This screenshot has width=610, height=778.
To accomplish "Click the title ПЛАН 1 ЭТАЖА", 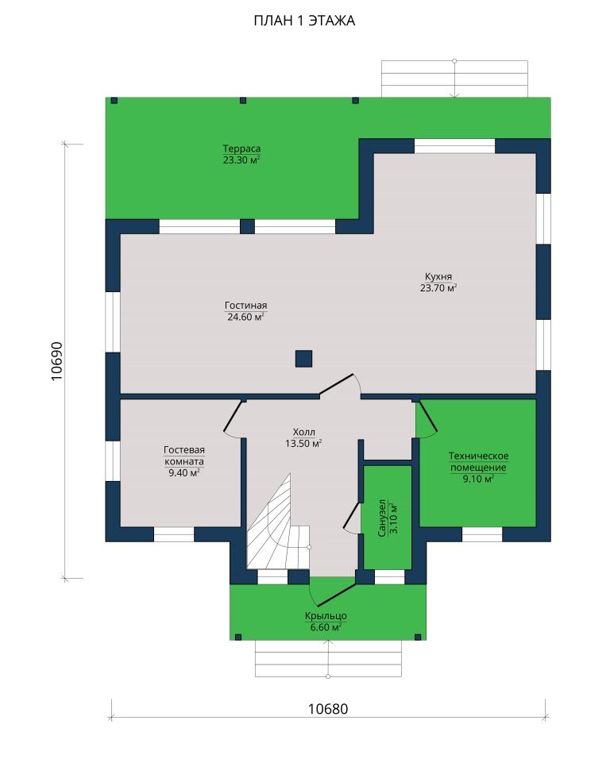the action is point(304,21).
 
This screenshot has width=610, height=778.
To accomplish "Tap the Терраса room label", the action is point(241,148).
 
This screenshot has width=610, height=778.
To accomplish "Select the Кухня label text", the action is point(438,277).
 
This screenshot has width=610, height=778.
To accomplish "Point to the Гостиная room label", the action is point(245,306).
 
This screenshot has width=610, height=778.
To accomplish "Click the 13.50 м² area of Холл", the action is point(303,443).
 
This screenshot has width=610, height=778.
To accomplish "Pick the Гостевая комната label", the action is point(184,456).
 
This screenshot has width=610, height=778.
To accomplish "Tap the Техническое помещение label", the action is point(478,461).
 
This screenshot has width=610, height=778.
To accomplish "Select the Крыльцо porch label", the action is point(326,616).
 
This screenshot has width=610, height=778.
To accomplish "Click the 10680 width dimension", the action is point(328,709).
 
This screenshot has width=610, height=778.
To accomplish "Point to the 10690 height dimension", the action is point(57,361).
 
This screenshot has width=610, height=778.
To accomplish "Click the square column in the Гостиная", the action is point(303,358).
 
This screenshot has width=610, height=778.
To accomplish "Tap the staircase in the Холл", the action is point(279,526).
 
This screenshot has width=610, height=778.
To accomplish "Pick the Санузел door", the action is point(352,516).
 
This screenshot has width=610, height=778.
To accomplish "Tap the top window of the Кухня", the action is point(454,146).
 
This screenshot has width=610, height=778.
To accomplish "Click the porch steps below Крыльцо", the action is point(328,659).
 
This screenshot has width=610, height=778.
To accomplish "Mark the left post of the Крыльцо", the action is point(237,637).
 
